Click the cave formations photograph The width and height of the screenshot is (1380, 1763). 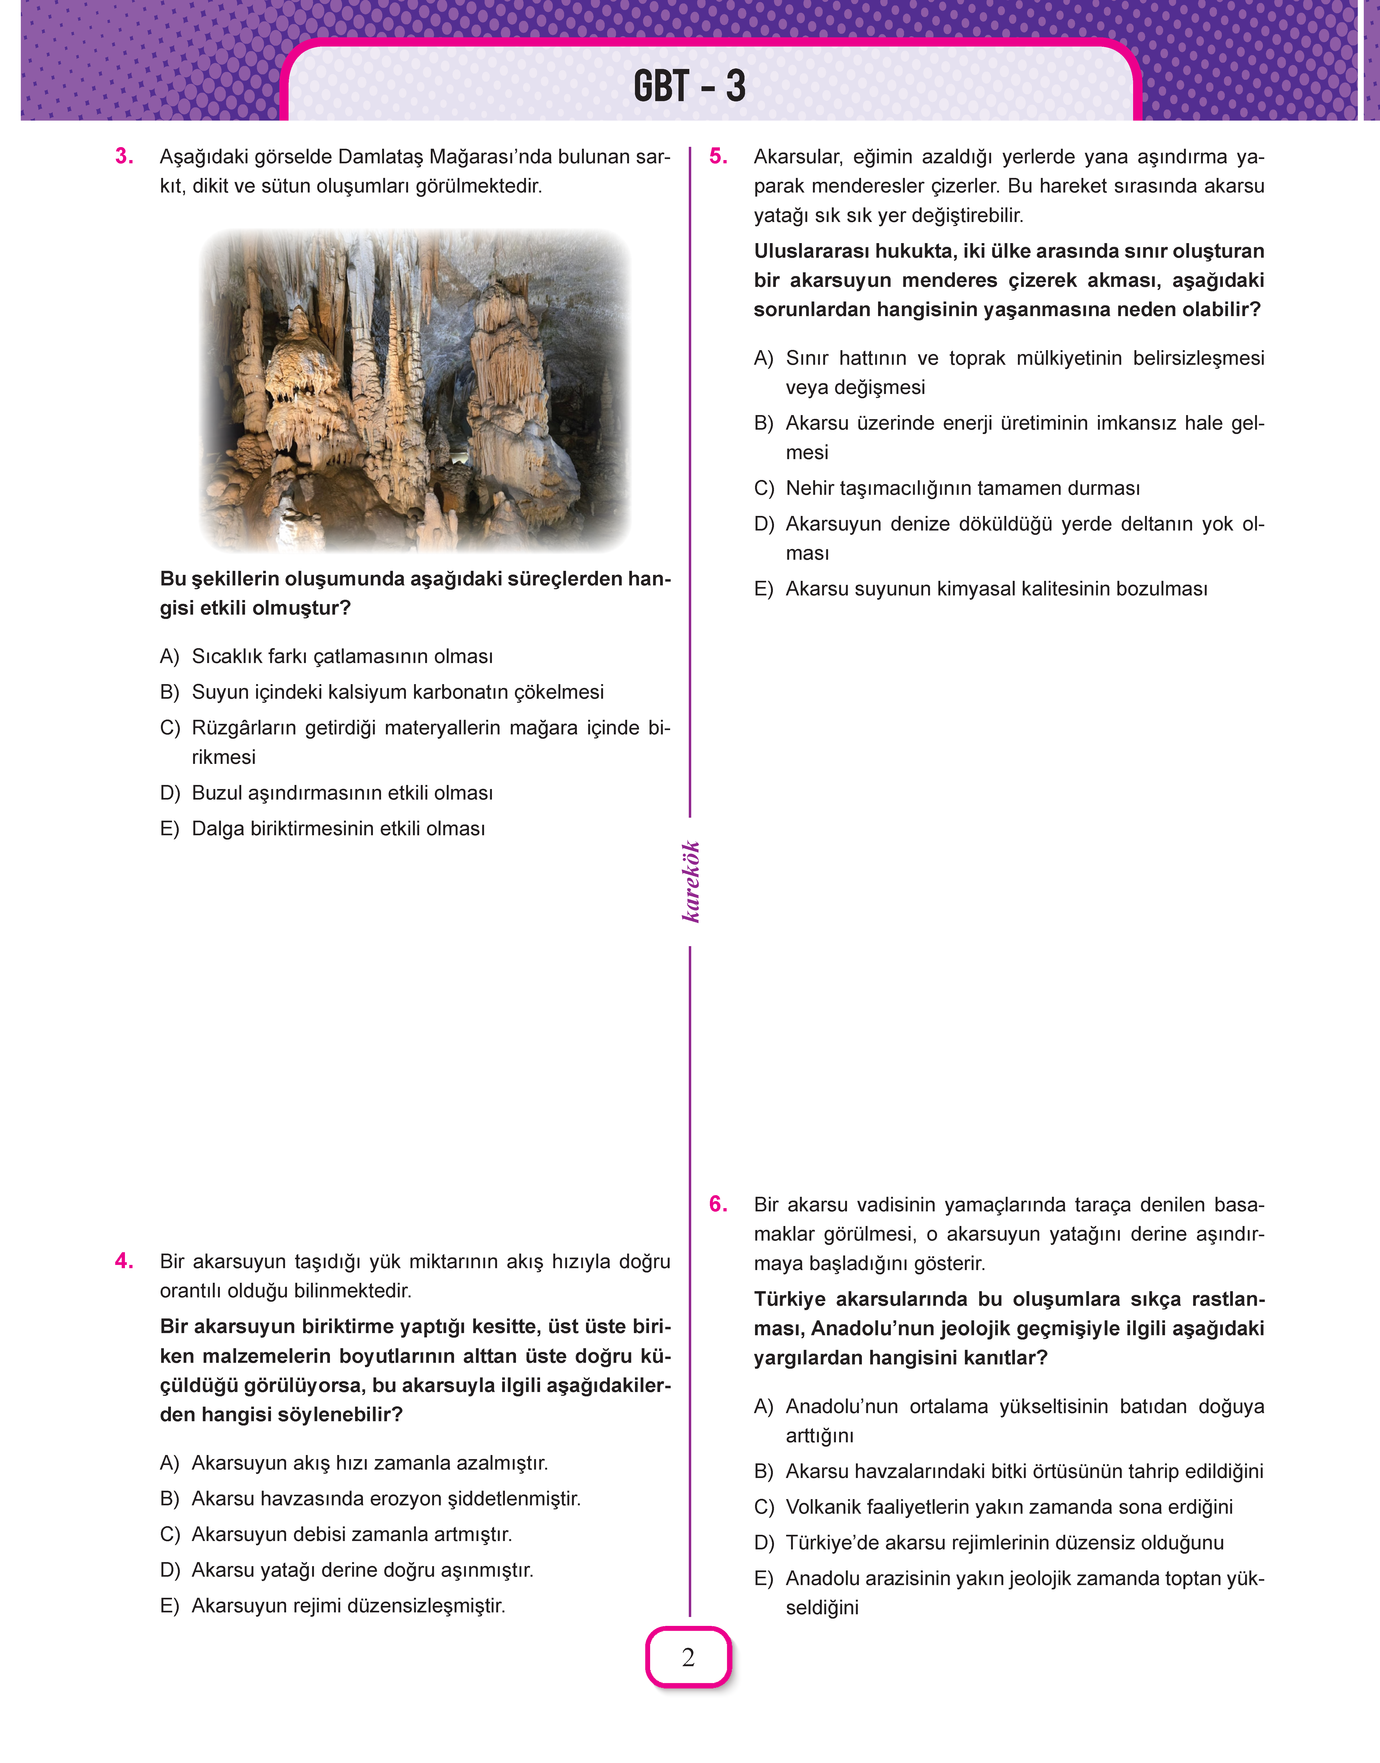click(415, 390)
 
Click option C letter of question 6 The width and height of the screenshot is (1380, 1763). click(763, 1507)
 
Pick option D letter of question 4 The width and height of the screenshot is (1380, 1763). click(170, 1570)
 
